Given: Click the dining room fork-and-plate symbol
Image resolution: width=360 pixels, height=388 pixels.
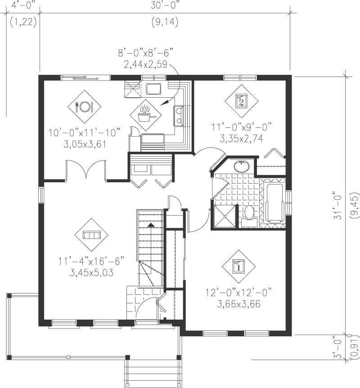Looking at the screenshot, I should click(84, 107).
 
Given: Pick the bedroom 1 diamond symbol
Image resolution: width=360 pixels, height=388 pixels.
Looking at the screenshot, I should click(238, 266).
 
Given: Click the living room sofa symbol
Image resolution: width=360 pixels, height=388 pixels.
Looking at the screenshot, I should click(91, 235).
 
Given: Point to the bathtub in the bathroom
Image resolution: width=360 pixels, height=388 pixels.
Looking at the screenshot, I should click(274, 202).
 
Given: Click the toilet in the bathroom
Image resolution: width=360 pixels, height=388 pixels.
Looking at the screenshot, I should click(248, 214).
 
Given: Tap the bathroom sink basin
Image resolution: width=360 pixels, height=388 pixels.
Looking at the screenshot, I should click(243, 166).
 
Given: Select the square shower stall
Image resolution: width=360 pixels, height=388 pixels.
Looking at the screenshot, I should click(224, 217).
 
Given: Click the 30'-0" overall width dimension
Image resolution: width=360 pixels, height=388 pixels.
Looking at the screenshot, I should click(165, 5).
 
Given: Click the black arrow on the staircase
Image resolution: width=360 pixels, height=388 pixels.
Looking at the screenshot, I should click(151, 224).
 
